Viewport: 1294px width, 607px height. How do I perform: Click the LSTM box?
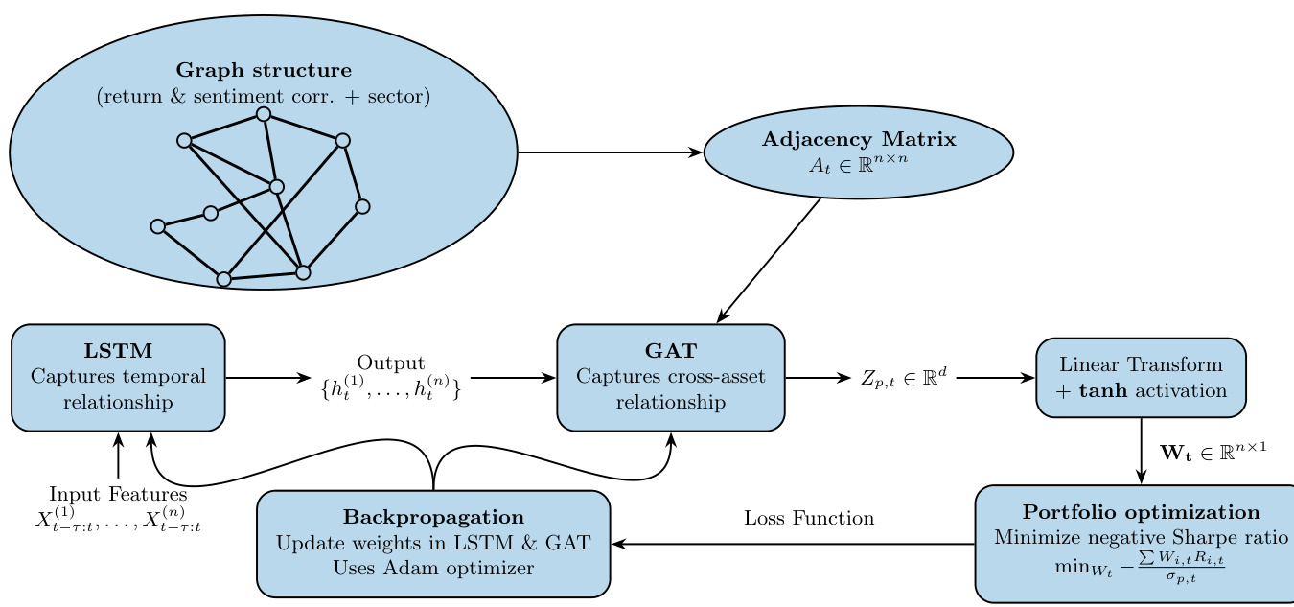[x=118, y=378]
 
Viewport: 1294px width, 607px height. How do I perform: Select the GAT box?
[x=671, y=378]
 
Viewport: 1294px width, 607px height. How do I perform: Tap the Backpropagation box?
[x=433, y=544]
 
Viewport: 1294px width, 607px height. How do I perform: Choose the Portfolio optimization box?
[x=1135, y=544]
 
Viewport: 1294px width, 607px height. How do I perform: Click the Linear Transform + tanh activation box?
[x=1141, y=378]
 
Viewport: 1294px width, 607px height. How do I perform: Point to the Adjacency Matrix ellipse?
[x=859, y=152]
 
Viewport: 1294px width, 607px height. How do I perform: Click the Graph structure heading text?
[x=264, y=71]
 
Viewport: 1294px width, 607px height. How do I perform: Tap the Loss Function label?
[x=809, y=519]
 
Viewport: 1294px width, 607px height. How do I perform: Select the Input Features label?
[x=118, y=495]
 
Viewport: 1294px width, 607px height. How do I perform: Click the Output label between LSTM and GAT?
[x=390, y=363]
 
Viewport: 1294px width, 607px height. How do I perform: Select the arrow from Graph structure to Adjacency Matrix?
[x=610, y=152]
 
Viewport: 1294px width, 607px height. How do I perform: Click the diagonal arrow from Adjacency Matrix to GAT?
[x=770, y=260]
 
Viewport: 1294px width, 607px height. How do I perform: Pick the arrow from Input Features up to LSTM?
[x=118, y=456]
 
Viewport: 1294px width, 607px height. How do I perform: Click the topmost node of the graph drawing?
[x=264, y=114]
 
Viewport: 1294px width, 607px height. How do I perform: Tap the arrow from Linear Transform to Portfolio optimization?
[x=1141, y=451]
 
